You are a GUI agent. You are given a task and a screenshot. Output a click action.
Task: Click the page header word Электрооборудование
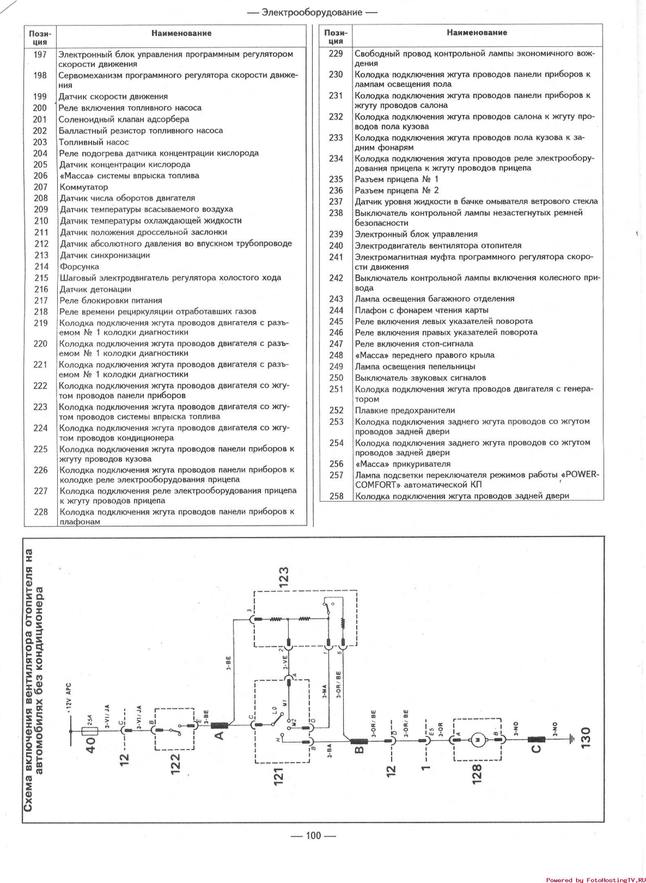point(312,12)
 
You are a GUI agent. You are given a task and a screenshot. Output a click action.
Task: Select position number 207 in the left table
point(40,187)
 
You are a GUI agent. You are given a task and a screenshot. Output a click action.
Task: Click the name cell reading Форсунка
point(79,267)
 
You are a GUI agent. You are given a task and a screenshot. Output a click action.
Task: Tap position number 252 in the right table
point(336,410)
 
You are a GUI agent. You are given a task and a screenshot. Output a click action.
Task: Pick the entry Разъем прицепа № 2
point(396,190)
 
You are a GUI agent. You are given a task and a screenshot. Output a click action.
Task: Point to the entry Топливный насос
point(94,142)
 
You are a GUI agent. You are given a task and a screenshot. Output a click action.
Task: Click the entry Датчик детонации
point(95,289)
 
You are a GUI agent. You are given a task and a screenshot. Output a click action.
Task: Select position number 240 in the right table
point(336,246)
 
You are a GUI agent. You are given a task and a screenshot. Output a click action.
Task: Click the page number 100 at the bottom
point(313,835)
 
